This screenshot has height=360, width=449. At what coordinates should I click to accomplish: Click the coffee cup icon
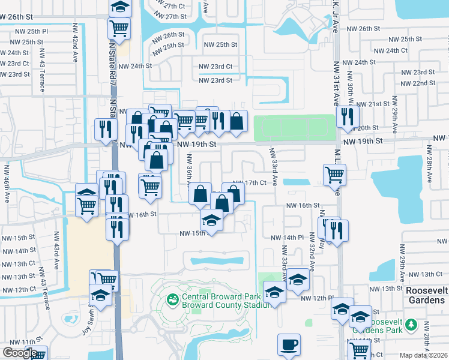pyautogui.click(x=289, y=345)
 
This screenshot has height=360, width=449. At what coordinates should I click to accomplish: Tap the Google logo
pyautogui.click(x=20, y=353)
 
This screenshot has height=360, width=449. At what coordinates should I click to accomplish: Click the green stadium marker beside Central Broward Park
pyautogui.click(x=173, y=298)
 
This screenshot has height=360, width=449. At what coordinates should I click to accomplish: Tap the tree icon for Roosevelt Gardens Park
pyautogui.click(x=411, y=325)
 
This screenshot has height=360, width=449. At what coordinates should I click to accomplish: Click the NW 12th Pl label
pyautogui.click(x=317, y=298)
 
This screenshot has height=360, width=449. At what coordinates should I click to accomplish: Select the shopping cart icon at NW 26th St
pyautogui.click(x=120, y=27)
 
